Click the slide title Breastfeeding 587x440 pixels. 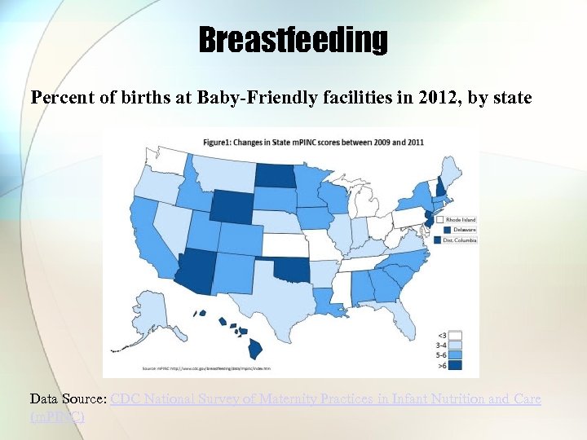tap(293, 39)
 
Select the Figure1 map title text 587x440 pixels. tap(314, 142)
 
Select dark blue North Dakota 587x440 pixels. tap(277, 175)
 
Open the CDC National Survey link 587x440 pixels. tap(325, 399)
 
